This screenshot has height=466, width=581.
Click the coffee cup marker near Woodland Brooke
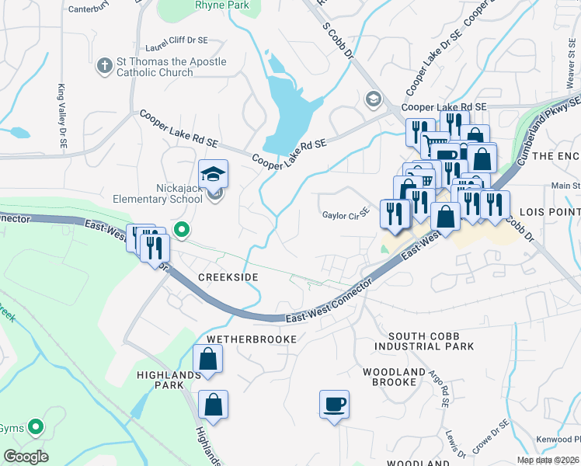[334, 405]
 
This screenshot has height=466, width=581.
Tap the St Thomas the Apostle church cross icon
[105, 67]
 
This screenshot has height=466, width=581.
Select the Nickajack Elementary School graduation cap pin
[213, 175]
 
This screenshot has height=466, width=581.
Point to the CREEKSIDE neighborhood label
[227, 277]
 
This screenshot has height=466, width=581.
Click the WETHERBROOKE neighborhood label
[251, 340]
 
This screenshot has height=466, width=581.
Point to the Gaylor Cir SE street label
[346, 215]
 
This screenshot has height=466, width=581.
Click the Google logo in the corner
[26, 457]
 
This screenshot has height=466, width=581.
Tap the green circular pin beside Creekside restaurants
[182, 230]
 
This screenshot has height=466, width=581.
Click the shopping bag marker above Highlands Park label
[208, 359]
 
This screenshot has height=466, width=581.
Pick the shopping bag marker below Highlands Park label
[213, 404]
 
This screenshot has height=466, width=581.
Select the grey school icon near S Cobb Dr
[374, 99]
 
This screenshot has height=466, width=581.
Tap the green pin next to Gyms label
[35, 426]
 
